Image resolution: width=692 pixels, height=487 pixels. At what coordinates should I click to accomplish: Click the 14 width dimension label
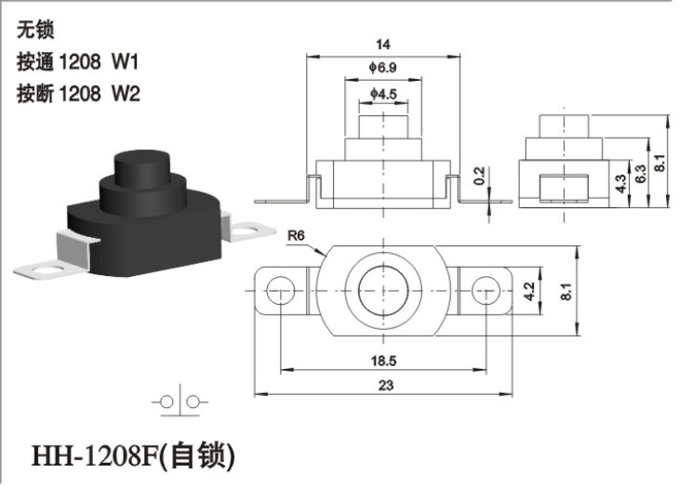point(382,45)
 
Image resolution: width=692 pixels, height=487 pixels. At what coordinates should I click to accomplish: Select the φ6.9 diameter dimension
point(382,68)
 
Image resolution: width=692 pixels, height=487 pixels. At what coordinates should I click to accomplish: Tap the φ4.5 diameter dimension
point(383,94)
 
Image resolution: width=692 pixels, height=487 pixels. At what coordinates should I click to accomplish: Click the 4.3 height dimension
point(620,184)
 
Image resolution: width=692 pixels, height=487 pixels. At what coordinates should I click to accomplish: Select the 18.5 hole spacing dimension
point(383,361)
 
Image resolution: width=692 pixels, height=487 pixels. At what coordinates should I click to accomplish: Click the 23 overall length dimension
point(385,385)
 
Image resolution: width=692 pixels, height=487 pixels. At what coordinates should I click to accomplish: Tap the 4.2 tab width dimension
point(528,291)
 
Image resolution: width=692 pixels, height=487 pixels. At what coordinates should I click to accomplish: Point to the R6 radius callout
point(296,235)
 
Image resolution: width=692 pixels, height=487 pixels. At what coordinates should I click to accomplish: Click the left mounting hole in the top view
point(281,290)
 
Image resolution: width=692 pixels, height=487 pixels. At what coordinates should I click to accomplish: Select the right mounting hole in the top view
point(486,290)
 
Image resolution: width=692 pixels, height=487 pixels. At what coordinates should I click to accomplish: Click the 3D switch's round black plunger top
point(142,158)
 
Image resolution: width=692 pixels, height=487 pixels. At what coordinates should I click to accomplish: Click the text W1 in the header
point(125,61)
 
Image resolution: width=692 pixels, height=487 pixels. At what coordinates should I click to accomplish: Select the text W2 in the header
point(126,94)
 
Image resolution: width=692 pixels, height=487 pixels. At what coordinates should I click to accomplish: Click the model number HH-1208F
point(95,455)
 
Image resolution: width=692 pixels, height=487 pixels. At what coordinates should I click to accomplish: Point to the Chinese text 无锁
point(35,30)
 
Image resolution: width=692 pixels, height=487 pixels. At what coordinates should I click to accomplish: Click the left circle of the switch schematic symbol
point(166,401)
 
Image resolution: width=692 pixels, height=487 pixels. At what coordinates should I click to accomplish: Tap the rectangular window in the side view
point(564,188)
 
